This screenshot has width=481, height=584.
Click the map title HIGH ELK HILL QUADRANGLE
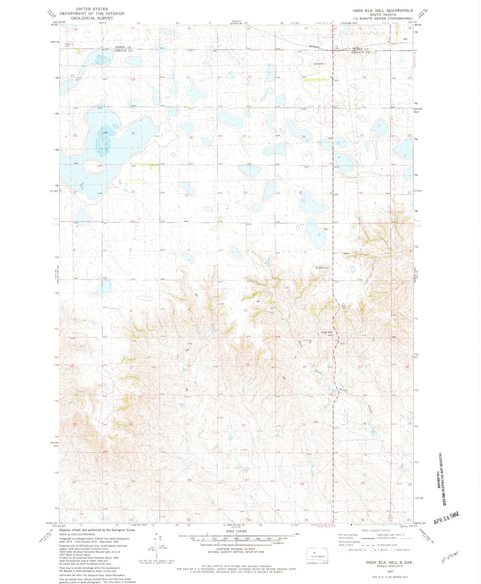[x=383, y=10]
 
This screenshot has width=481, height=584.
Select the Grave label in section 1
[x=346, y=254]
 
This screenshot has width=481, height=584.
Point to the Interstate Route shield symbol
[x=345, y=550]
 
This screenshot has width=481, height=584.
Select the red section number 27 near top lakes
[x=244, y=137]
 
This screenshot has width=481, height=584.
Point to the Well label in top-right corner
[x=405, y=39]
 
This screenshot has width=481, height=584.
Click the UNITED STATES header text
[x=92, y=9]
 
